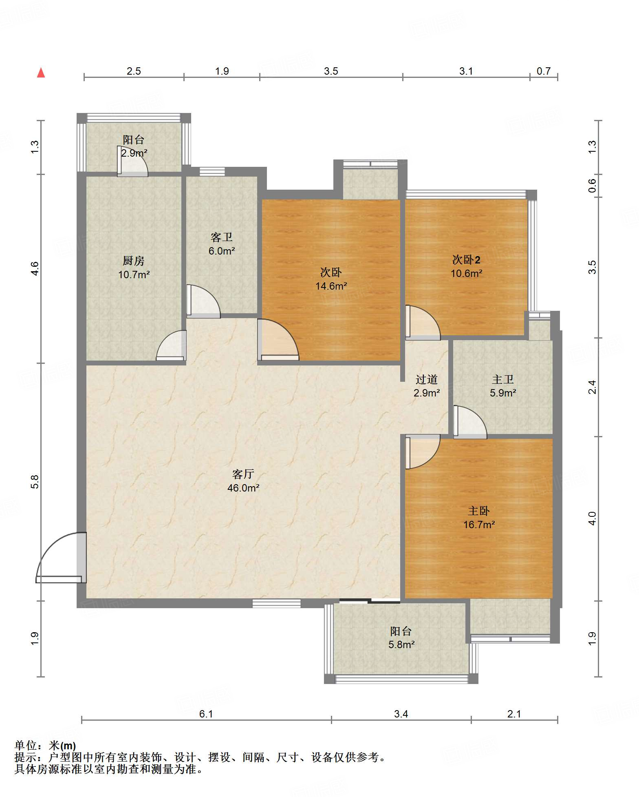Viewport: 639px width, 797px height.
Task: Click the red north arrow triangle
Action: [x=41, y=73]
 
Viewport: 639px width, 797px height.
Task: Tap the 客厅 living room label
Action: [x=243, y=474]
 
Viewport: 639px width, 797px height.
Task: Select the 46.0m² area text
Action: [x=243, y=488]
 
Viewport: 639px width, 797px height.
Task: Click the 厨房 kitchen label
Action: [x=134, y=261]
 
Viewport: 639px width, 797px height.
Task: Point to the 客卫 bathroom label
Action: [x=222, y=237]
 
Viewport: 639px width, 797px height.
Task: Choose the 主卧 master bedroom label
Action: [x=479, y=511]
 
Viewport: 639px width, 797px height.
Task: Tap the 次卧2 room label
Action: [x=466, y=259]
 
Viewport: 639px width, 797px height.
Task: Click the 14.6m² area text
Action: [x=331, y=286]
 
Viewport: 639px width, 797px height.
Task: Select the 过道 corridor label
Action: [x=427, y=379]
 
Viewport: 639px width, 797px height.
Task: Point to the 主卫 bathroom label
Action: [x=503, y=379]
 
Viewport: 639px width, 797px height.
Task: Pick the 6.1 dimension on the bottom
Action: [x=206, y=714]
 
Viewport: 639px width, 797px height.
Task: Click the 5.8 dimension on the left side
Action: [x=35, y=482]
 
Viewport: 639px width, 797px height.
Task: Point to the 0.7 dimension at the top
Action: [x=544, y=71]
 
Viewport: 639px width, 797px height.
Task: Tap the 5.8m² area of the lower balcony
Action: [x=401, y=644]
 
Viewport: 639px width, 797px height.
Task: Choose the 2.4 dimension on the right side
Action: [x=592, y=387]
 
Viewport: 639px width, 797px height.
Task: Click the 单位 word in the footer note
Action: [x=25, y=746]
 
